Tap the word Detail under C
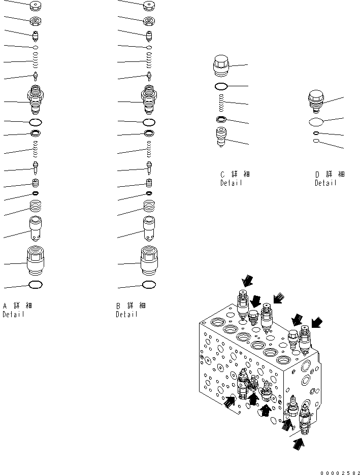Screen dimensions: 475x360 [x=231, y=183]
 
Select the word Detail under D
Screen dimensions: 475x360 [x=325, y=183]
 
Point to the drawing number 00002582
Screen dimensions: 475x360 [x=340, y=472]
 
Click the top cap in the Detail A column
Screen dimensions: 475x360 [x=36, y=7]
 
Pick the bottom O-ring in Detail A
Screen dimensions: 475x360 [x=36, y=285]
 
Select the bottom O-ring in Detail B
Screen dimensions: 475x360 [x=149, y=285]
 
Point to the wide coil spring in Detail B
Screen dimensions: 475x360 [x=149, y=206]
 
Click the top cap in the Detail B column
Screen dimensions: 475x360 [x=149, y=7]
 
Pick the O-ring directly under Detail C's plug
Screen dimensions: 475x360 [x=222, y=86]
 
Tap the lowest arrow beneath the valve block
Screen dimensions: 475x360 [x=300, y=444]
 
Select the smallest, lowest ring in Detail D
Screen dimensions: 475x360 [x=316, y=142]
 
